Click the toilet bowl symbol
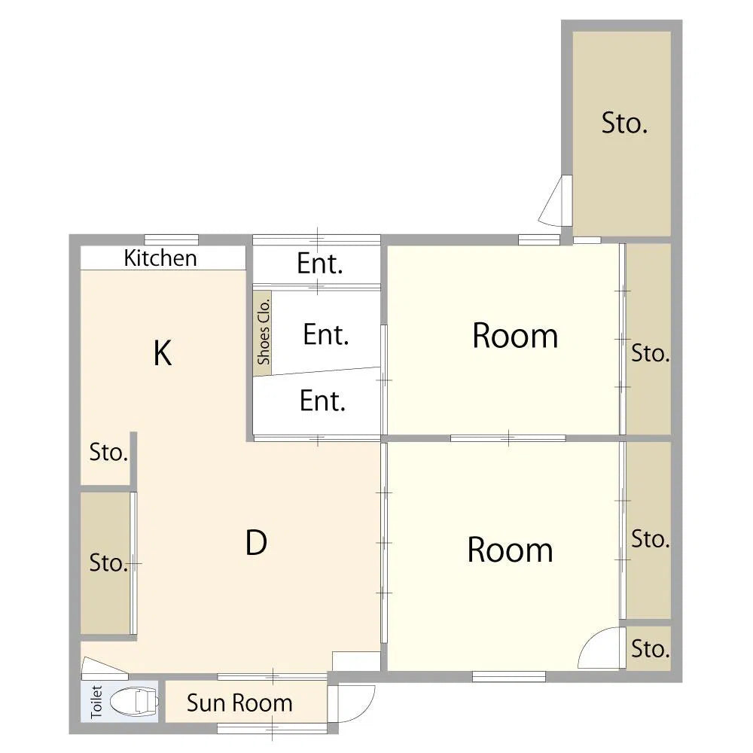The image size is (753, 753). [134, 702]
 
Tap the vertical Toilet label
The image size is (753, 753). [96, 702]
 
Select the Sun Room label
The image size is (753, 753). [239, 703]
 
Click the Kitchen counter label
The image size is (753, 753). [160, 258]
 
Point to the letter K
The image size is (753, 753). [163, 353]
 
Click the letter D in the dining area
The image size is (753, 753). [256, 543]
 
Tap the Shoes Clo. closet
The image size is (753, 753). [263, 332]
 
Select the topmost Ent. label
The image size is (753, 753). [320, 263]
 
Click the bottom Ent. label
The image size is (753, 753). [323, 401]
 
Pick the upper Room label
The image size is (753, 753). [515, 335]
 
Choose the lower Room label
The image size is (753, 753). [510, 550]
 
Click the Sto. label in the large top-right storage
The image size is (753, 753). [624, 123]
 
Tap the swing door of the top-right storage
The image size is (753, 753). [555, 201]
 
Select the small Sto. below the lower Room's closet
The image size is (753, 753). [651, 649]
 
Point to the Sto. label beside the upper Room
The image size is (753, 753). [651, 353]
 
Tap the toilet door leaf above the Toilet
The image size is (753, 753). [104, 667]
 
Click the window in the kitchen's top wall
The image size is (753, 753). [172, 239]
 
